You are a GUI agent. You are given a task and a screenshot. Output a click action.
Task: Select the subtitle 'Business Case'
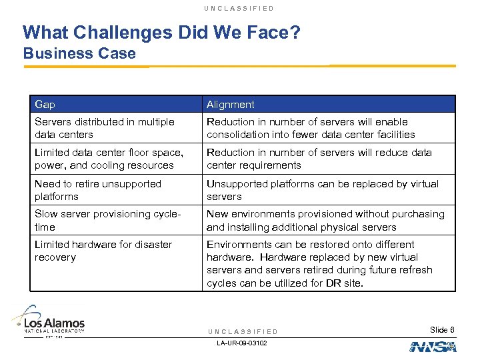pos(79,53)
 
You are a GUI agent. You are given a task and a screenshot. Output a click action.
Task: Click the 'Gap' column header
pos(45,105)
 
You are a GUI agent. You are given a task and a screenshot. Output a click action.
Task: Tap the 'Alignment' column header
pos(231,105)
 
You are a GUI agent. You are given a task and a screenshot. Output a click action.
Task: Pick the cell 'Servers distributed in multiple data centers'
pos(105,128)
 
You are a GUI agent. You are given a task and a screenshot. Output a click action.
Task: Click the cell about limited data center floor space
pos(105,159)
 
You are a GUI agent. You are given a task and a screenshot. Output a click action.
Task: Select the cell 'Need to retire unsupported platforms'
pos(98,190)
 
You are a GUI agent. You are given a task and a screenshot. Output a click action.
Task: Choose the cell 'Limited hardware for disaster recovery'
pos(103,251)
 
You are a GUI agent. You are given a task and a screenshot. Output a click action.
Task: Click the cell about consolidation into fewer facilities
pos(311,128)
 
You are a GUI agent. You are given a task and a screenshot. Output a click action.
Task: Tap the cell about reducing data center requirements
pos(319,159)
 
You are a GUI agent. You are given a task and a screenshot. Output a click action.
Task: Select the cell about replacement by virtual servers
pos(323,190)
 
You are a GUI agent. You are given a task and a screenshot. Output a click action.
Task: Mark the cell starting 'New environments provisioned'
pos(325,221)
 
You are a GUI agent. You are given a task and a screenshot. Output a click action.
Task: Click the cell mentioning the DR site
pos(320,263)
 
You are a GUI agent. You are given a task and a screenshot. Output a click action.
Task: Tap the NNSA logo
pos(433,346)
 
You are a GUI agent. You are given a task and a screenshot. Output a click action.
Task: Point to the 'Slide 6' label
pos(442,330)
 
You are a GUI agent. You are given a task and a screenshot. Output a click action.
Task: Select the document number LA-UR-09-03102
pos(242,343)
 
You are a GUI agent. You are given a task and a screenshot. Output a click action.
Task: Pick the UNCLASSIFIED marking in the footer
pos(242,331)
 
